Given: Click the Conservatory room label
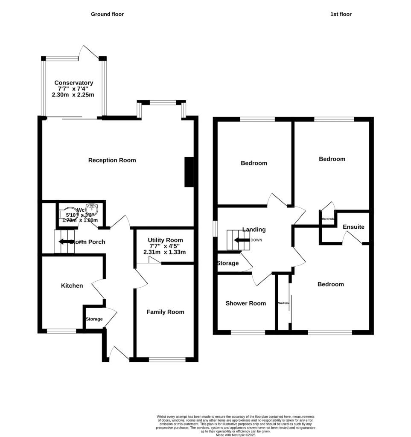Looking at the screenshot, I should tap(73, 83).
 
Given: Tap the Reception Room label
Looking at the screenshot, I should tap(112, 160).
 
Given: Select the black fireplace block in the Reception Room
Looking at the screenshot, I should tap(188, 172).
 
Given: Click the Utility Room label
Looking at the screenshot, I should tap(165, 240).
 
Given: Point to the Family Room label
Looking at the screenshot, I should tap(165, 312).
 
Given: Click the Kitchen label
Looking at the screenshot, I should tap(72, 286).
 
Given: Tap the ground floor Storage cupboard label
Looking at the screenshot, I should tap(94, 319).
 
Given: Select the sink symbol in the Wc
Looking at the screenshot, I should tap(92, 210).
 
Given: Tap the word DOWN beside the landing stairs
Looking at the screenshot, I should tap(256, 240).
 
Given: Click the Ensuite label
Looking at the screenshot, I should tap(353, 227).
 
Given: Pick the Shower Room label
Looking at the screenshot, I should tap(245, 303).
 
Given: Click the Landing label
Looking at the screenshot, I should tap(254, 230).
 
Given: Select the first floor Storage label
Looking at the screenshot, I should tap(227, 263).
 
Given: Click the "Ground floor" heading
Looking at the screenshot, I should tap(107, 14).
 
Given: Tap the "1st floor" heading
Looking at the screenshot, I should tap(341, 14).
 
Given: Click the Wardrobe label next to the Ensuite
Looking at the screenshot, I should tap(328, 219).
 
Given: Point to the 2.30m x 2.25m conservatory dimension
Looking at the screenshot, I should tap(73, 95).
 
